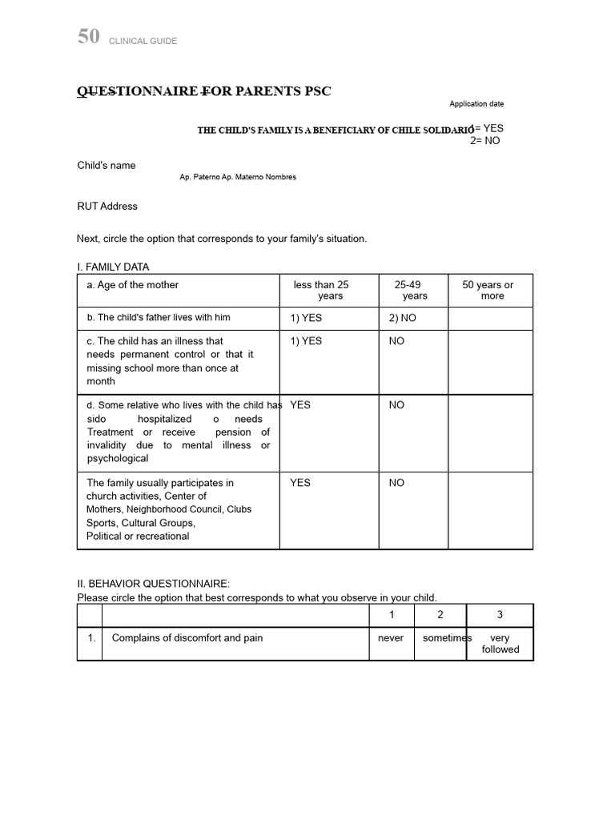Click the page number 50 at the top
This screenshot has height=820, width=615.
click(88, 37)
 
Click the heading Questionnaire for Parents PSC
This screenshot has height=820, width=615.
click(203, 91)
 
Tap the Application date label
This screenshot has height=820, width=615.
click(476, 104)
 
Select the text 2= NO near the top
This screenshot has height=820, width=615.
click(485, 140)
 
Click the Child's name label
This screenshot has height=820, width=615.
click(106, 166)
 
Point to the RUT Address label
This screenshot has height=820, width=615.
click(107, 207)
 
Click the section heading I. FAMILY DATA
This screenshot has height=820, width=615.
click(113, 267)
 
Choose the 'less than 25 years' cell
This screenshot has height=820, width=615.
click(321, 290)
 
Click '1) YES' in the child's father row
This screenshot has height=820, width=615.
click(306, 318)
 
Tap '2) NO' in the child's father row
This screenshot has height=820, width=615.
click(403, 318)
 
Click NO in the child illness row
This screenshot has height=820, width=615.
click(396, 341)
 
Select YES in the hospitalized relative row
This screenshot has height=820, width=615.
click(300, 405)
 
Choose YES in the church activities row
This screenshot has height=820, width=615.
click(300, 483)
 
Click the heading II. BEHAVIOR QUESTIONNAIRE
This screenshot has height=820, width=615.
click(153, 584)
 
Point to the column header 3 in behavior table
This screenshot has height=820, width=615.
click(500, 615)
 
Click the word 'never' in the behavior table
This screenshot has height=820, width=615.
click(391, 638)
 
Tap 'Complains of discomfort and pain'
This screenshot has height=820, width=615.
click(187, 638)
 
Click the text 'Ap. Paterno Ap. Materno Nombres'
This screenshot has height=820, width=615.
click(238, 177)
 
